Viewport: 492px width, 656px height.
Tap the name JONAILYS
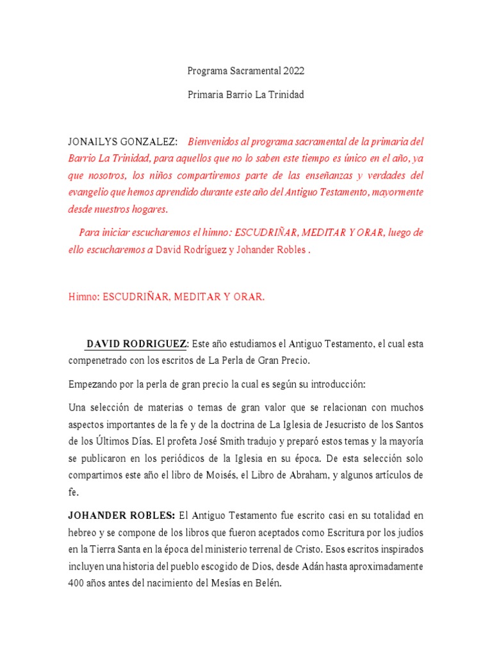click(93, 141)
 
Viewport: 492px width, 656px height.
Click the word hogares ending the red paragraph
click(149, 209)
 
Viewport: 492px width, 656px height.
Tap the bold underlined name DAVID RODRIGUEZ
click(136, 344)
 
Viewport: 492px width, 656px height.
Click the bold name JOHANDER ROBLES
click(122, 515)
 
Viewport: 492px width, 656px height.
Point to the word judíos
click(407, 532)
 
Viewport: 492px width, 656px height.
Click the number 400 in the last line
click(77, 584)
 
